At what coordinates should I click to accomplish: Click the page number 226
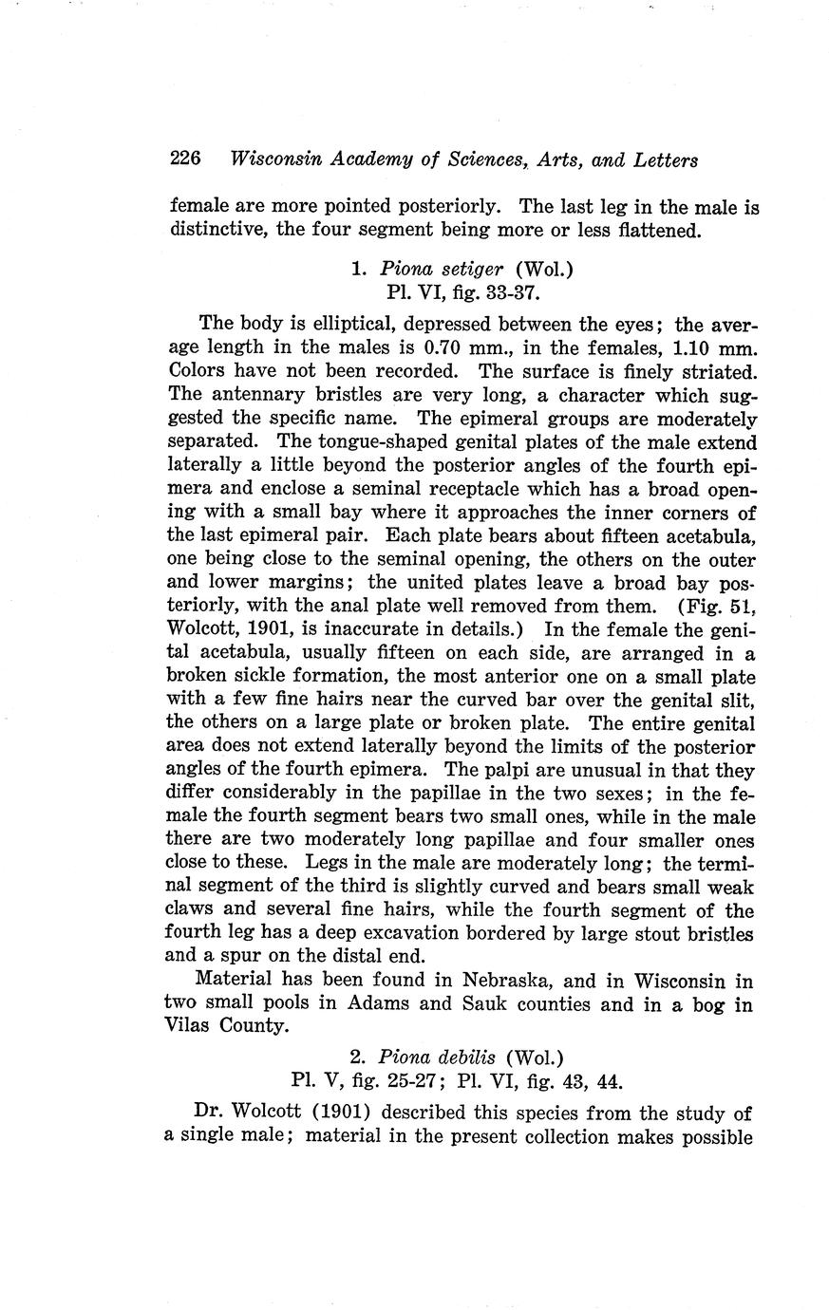pos(185,159)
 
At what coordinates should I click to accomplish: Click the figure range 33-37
pos(485,292)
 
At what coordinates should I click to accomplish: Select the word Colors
pos(198,370)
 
